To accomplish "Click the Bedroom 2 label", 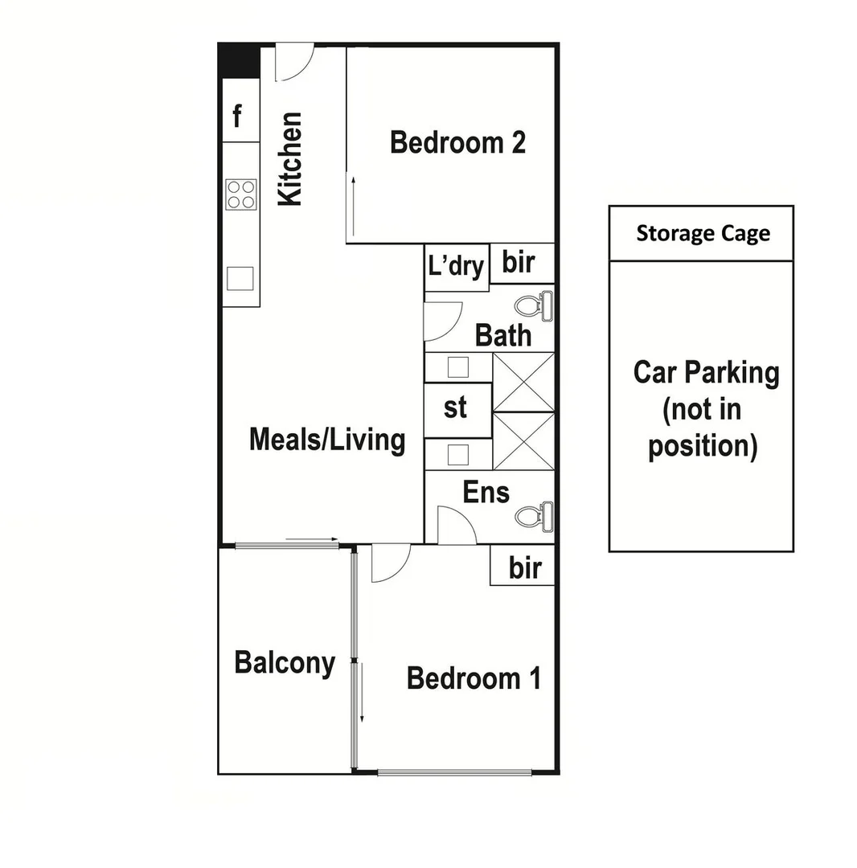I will tap(457, 142).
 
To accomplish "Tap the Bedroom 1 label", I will tap(474, 678).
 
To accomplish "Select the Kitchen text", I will tap(289, 159).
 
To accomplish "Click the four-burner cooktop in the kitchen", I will tap(241, 194).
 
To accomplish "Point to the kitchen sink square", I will tap(240, 278).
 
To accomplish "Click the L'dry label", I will tap(456, 265).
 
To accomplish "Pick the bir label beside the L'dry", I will tap(519, 262).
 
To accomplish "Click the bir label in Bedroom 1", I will tap(524, 568).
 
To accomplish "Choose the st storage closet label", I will tap(456, 407).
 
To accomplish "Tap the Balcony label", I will tap(285, 663).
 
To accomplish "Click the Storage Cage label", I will tap(703, 234).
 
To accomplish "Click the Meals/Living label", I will tap(327, 440).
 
